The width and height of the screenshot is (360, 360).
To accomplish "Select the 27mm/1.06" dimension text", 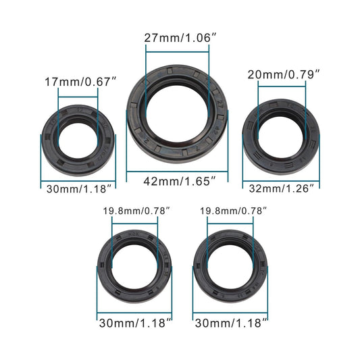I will point(180,38).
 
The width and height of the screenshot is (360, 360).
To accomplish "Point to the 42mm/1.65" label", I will point(180,180).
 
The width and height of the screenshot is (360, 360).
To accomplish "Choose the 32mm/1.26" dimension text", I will point(280,188).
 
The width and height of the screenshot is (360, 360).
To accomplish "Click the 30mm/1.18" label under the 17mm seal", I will point(79,188).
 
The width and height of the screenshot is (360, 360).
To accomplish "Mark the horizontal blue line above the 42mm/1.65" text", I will point(180,170).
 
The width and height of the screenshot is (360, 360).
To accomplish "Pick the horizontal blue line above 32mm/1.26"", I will point(280,178).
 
